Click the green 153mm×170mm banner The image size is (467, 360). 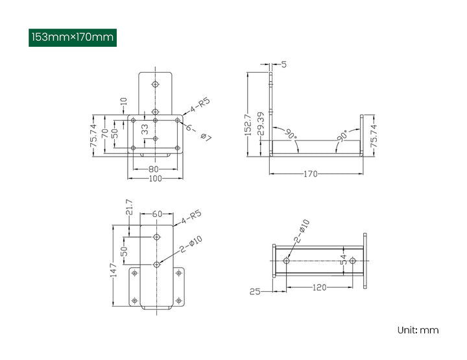[x=73, y=37]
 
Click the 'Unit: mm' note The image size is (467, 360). [x=418, y=330]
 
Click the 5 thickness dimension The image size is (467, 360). [x=284, y=64]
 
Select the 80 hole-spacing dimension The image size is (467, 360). [x=154, y=169]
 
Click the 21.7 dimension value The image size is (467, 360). [x=128, y=207]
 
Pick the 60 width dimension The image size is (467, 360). [x=157, y=214]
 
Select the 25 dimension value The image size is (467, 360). [x=255, y=292]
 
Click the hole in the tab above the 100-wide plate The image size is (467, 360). [x=154, y=84]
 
